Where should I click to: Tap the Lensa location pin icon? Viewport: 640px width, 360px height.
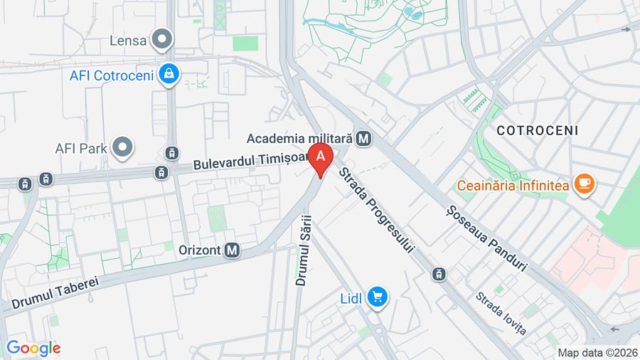163,40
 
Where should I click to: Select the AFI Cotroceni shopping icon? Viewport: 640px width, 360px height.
169,73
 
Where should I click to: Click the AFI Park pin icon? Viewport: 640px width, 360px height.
124,148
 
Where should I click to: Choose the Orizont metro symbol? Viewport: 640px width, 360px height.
232,250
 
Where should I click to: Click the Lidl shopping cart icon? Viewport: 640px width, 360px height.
376,297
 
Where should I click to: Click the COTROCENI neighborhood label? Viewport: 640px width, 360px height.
538,131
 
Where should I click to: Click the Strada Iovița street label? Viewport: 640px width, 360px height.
501,313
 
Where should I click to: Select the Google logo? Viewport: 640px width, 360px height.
33,348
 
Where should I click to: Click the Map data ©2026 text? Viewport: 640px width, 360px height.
597,352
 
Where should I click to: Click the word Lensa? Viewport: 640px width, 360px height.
128,41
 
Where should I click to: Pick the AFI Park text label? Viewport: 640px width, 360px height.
80,149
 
